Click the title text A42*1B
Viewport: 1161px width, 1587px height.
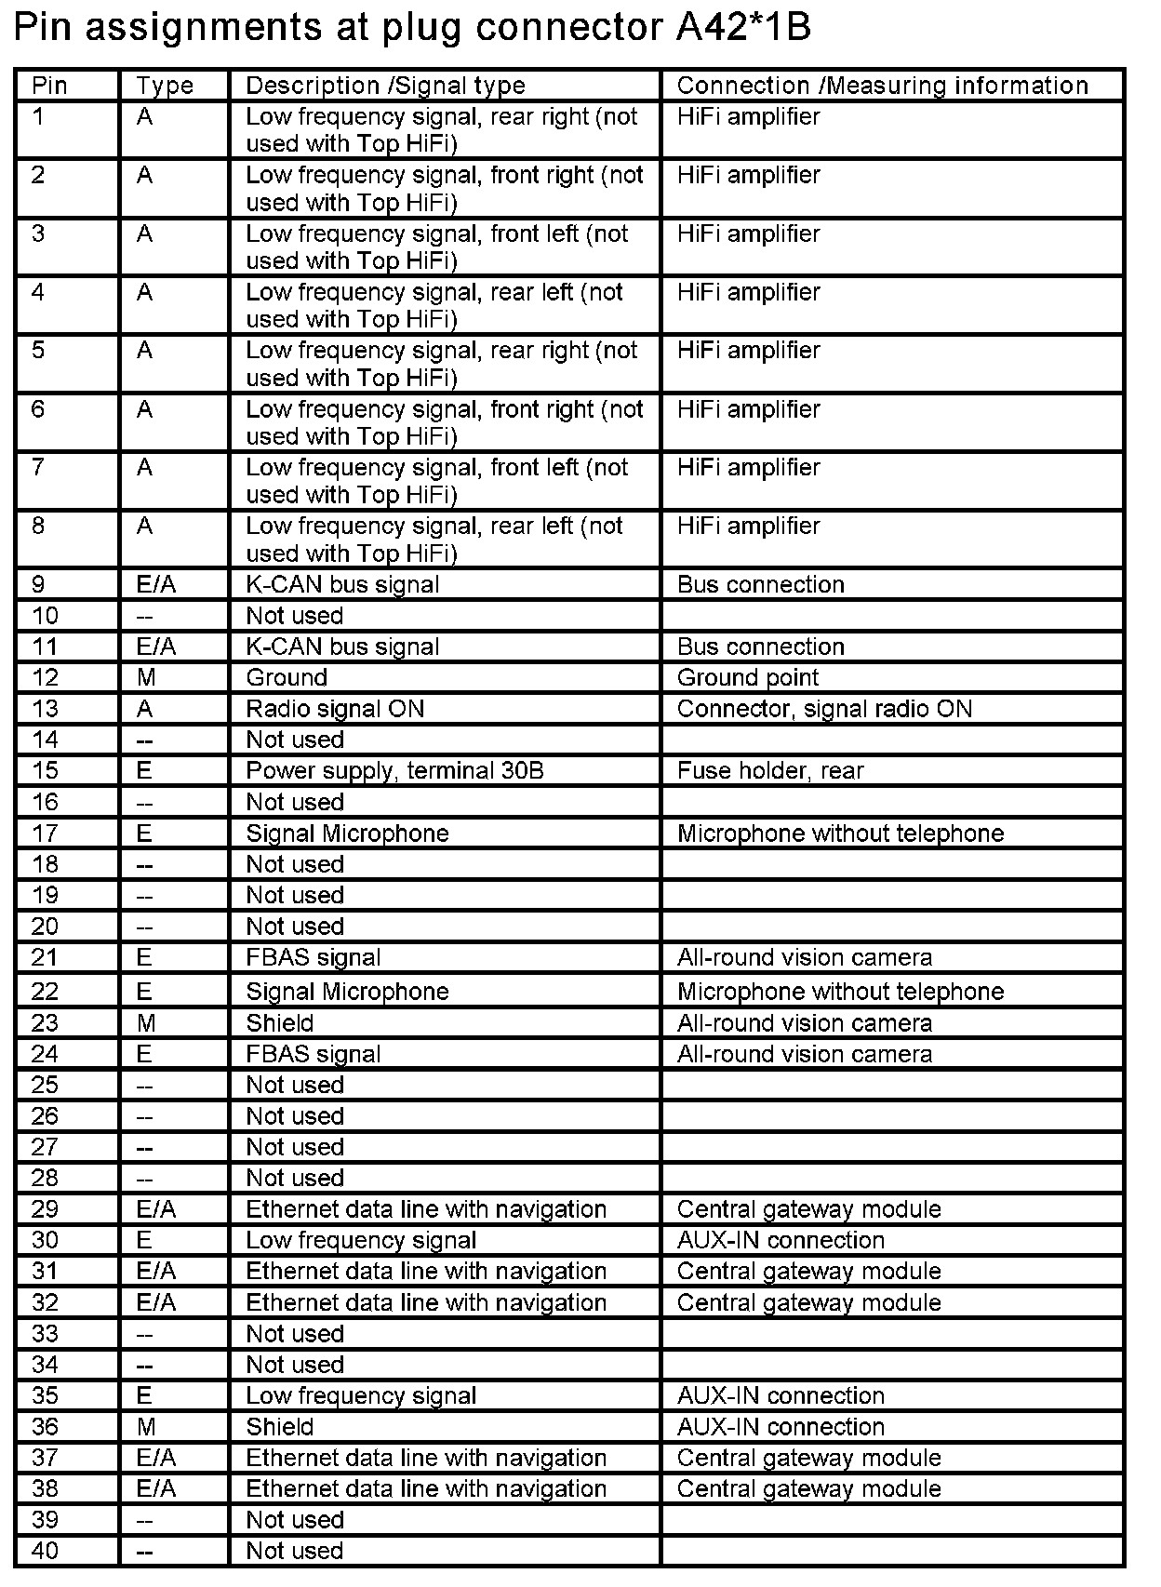pyautogui.click(x=743, y=28)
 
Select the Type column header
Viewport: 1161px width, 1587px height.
pyautogui.click(x=165, y=86)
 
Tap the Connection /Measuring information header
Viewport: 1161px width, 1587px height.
pyautogui.click(x=882, y=86)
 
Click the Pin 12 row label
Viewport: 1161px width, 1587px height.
pyautogui.click(x=45, y=677)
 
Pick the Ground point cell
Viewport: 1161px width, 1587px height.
pyautogui.click(x=748, y=677)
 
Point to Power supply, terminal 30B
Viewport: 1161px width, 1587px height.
pyautogui.click(x=394, y=770)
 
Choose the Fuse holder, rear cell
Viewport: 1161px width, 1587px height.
pyautogui.click(x=770, y=770)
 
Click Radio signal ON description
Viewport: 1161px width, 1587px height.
pyautogui.click(x=335, y=709)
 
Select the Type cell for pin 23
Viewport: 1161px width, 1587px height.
pyautogui.click(x=146, y=1023)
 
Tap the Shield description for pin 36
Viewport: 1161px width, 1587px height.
pyautogui.click(x=279, y=1427)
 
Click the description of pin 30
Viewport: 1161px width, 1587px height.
pyautogui.click(x=361, y=1240)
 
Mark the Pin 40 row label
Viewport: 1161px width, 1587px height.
pyautogui.click(x=45, y=1551)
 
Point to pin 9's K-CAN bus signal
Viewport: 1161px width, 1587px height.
pyautogui.click(x=342, y=584)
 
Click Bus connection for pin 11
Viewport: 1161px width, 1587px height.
pyautogui.click(x=761, y=647)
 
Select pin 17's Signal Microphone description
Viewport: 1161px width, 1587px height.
pyautogui.click(x=347, y=833)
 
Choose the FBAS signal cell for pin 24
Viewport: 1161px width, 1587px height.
pyautogui.click(x=314, y=1054)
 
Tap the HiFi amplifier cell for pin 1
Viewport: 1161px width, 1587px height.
pyautogui.click(x=748, y=117)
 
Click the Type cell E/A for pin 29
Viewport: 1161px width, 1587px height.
pyautogui.click(x=155, y=1209)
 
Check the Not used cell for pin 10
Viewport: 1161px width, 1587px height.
pyautogui.click(x=294, y=616)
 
